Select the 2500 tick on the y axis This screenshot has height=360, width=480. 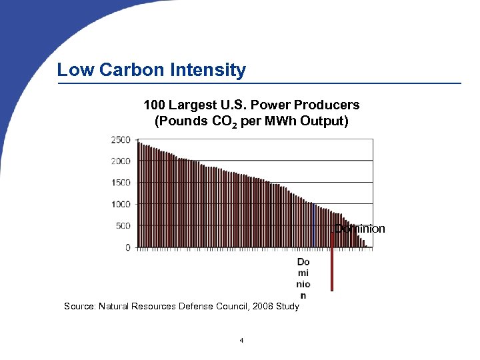pyautogui.click(x=121, y=139)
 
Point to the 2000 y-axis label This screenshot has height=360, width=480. pyautogui.click(x=121, y=161)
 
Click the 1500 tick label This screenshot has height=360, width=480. pyautogui.click(x=121, y=183)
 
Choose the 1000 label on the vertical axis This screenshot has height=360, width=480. pyautogui.click(x=121, y=204)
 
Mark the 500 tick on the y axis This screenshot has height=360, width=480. pyautogui.click(x=123, y=226)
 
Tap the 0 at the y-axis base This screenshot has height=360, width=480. pyautogui.click(x=128, y=247)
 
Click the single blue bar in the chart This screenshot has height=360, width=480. pyautogui.click(x=314, y=225)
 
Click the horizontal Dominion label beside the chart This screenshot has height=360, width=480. pyautogui.click(x=360, y=229)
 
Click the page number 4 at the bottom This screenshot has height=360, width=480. pyautogui.click(x=241, y=341)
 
